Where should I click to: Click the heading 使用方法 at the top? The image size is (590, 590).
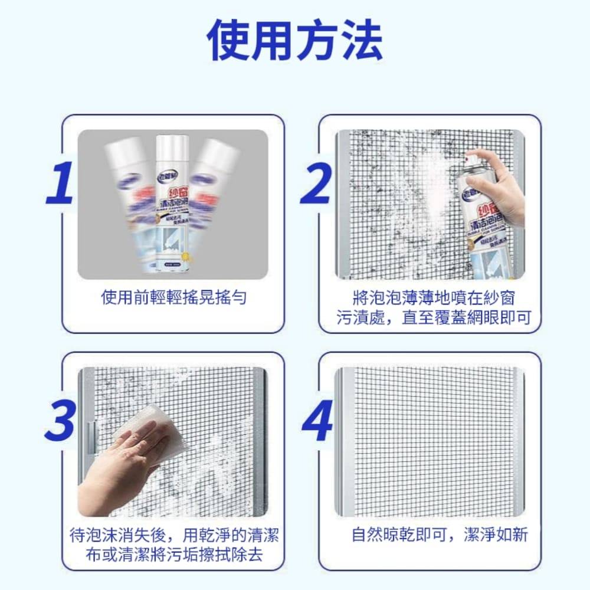point(295,40)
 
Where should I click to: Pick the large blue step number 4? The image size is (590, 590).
point(317,420)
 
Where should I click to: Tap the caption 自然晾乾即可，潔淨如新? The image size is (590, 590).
point(440,535)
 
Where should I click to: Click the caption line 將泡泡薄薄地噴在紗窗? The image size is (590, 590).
point(437,298)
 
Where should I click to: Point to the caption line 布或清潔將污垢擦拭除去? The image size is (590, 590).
point(174,555)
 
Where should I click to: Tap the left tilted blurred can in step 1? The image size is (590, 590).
point(129,195)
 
